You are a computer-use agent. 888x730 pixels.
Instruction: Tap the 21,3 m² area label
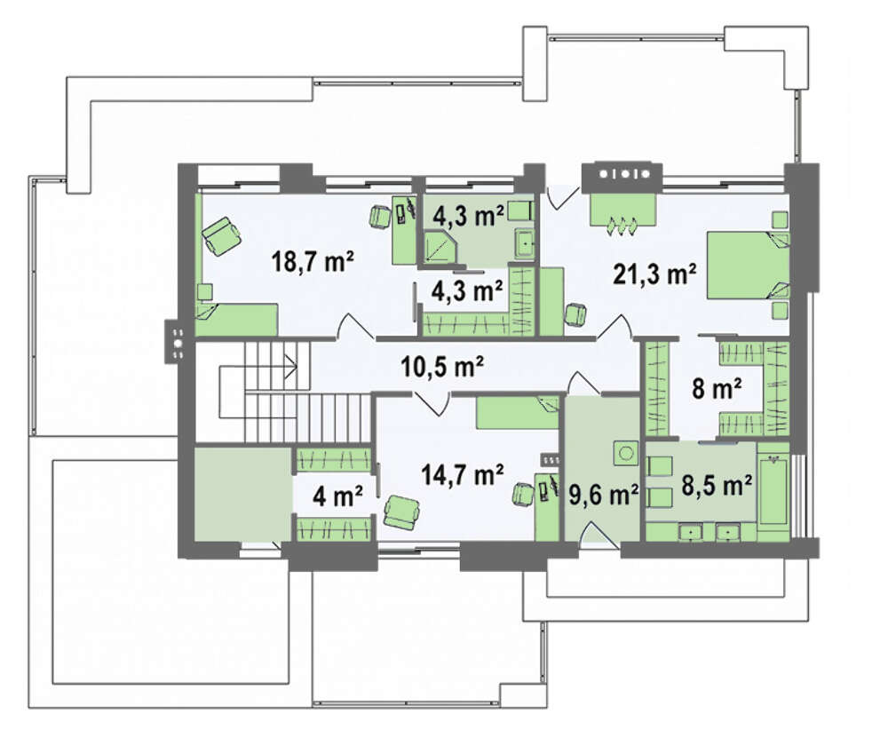coord(654,274)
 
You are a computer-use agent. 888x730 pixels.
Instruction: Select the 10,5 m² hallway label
coord(441,367)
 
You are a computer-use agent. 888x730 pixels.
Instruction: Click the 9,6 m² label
coord(604,495)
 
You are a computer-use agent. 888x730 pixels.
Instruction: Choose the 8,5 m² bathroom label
coord(717,485)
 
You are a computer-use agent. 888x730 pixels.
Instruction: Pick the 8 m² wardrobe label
coord(717,389)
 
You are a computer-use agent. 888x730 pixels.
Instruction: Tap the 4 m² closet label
coord(338,496)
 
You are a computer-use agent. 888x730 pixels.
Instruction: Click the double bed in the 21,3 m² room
coord(748,265)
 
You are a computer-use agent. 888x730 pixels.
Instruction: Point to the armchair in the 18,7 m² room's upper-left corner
coord(221,235)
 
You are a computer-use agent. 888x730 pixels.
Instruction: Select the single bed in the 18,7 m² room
coord(237,319)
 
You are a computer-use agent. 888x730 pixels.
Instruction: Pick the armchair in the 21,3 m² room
coord(576,314)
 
